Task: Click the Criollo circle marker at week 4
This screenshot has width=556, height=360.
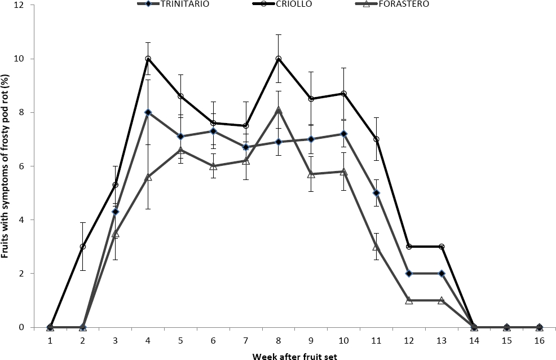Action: tap(148, 59)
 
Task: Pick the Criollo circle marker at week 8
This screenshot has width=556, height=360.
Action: tap(278, 59)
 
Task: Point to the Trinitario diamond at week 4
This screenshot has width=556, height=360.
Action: tap(148, 112)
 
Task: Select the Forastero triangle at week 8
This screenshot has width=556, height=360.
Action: tap(278, 110)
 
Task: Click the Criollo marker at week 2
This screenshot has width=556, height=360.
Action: tap(82, 247)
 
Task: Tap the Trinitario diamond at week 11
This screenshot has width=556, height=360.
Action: tap(376, 193)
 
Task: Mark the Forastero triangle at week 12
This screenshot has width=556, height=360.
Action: tap(409, 300)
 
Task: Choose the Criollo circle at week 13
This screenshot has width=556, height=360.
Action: tap(442, 247)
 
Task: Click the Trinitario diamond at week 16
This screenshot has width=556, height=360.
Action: tap(540, 327)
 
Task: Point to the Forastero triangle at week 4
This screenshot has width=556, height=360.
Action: tap(148, 177)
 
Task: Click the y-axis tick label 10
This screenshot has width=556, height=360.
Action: tap(20, 59)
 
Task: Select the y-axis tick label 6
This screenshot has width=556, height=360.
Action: tap(22, 166)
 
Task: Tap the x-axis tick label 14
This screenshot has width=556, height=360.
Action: tap(474, 341)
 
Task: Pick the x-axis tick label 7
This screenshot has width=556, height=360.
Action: tap(246, 341)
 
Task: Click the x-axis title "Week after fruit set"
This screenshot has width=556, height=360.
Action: tap(294, 355)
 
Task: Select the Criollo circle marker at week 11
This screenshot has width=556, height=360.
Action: tap(376, 139)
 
